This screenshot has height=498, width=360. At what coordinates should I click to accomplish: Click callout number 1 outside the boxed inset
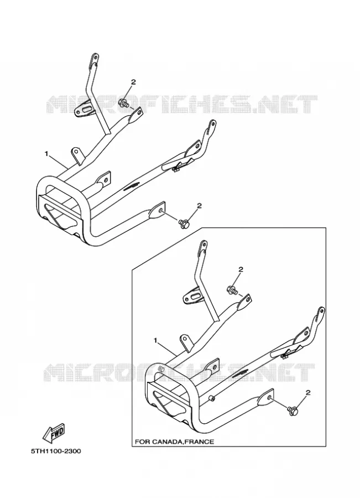pos(46,154)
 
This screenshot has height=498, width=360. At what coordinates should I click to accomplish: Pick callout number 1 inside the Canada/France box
pos(155,340)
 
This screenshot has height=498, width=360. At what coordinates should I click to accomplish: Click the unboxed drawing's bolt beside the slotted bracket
pos(123,103)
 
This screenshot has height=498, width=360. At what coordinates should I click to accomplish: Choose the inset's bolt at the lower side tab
pos(292,410)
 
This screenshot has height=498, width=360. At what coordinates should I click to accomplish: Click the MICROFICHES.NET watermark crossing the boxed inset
pos(179,372)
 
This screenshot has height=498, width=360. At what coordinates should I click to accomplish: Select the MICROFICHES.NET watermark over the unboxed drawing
pos(181,104)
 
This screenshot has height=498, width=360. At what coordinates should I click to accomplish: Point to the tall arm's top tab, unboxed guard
pos(94,60)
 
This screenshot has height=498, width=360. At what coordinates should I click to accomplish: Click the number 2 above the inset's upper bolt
pos(241,269)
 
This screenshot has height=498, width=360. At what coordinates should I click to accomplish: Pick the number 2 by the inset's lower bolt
pos(307,393)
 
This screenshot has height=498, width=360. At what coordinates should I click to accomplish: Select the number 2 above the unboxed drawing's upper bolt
pos(133,82)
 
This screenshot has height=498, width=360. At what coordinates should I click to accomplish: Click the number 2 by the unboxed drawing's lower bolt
pos(200,206)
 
